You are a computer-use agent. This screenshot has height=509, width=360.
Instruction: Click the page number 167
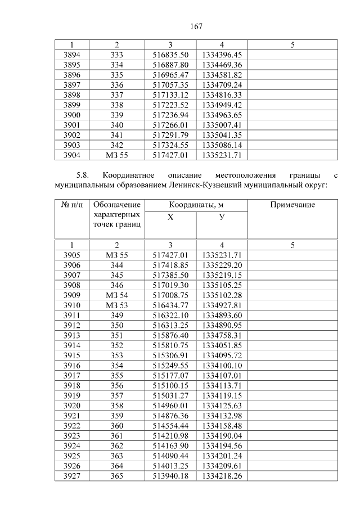tap(196, 26)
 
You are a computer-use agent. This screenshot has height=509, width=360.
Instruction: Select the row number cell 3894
tap(71, 55)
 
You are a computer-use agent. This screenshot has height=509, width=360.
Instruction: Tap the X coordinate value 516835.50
tap(170, 55)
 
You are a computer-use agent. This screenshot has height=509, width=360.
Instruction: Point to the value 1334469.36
tap(222, 65)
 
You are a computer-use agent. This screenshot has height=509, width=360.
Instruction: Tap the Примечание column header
tap(292, 205)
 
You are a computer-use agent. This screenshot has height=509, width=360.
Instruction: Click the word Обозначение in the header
tap(116, 205)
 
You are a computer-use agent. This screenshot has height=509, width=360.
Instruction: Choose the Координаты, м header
tap(196, 205)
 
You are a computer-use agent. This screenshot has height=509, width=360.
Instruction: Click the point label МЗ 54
tap(116, 295)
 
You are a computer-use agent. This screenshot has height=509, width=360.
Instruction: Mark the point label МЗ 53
tap(116, 304)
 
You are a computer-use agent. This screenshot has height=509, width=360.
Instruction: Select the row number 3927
tap(71, 476)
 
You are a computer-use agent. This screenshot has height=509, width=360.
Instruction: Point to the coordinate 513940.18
tap(170, 476)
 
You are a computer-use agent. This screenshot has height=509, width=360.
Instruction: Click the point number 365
tap(116, 476)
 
